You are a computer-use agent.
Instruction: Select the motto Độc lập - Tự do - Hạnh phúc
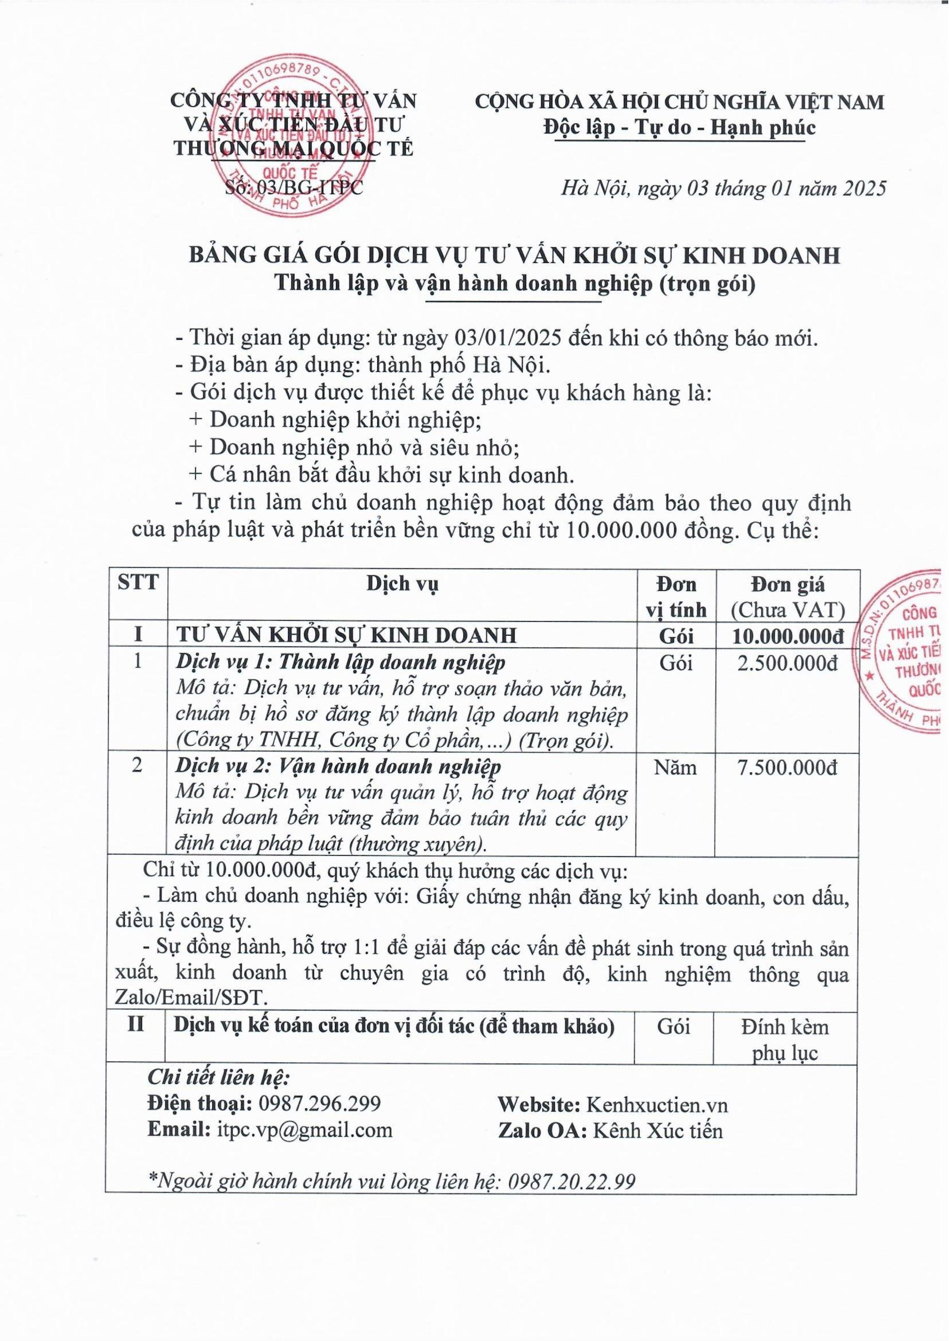pyautogui.click(x=678, y=127)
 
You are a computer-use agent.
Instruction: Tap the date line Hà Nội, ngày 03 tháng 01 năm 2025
pyautogui.click(x=723, y=188)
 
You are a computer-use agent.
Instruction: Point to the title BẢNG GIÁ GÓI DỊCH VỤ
pyautogui.click(x=514, y=256)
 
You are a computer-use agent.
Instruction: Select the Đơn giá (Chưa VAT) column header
pyautogui.click(x=788, y=597)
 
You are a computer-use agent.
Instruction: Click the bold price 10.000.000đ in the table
pyautogui.click(x=788, y=635)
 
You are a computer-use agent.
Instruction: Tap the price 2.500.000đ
pyautogui.click(x=788, y=663)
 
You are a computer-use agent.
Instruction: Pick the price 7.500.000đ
pyautogui.click(x=788, y=767)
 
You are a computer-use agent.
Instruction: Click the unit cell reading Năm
pyautogui.click(x=675, y=767)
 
